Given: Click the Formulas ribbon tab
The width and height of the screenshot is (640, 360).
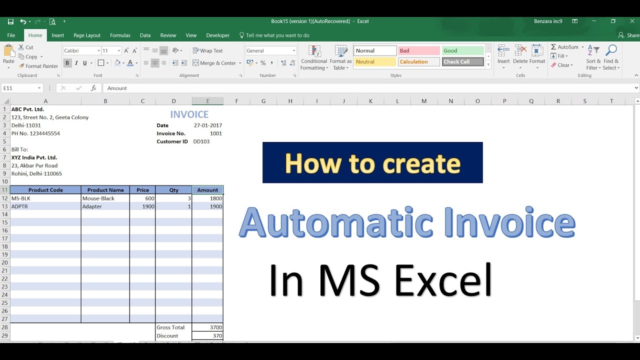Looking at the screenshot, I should (120, 35).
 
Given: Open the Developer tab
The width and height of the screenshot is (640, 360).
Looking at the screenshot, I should (217, 35).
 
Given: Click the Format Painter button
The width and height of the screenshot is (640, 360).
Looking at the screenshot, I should (38, 66).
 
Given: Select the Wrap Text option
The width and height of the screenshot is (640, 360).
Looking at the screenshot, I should (208, 50).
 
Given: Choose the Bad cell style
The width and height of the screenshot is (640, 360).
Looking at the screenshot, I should (418, 50).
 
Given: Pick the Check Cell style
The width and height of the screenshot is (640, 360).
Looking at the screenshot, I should (462, 62).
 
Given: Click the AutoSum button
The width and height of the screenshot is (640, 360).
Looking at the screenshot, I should (564, 47).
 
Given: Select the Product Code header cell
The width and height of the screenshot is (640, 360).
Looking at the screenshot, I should (45, 190).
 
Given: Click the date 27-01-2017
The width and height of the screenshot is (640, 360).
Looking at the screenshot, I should (208, 125).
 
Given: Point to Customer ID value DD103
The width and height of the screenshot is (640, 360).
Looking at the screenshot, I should (201, 141).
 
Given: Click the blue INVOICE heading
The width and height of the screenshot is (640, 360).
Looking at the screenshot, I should (189, 114).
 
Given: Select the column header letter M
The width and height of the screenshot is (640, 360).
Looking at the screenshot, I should (424, 101).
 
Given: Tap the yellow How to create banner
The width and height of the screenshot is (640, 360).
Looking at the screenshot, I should (372, 163).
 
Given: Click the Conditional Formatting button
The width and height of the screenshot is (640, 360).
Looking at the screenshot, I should (314, 58).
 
